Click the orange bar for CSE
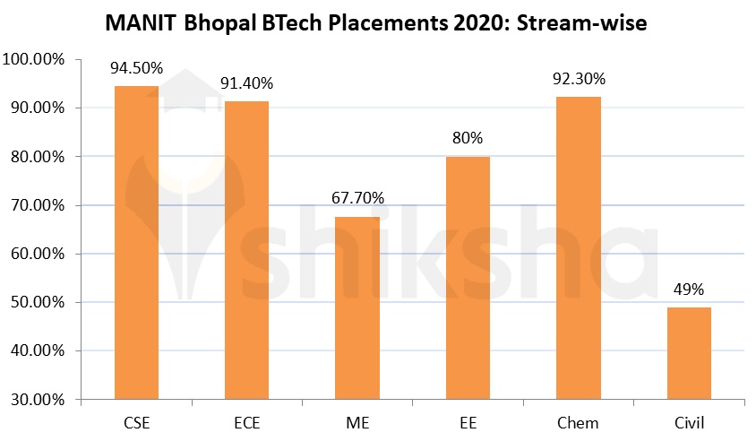tap(136, 242)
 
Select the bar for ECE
tap(246, 250)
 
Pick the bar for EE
tap(468, 278)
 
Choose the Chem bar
tap(578, 247)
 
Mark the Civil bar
tap(689, 353)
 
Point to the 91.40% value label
tap(246, 83)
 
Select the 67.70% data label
tap(357, 199)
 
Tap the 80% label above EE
tap(468, 139)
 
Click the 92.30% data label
tap(578, 79)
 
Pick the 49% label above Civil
tap(689, 290)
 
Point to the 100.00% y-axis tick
tap(33, 59)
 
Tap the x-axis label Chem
tap(578, 422)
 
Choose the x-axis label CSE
tap(136, 422)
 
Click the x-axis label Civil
tap(689, 422)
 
